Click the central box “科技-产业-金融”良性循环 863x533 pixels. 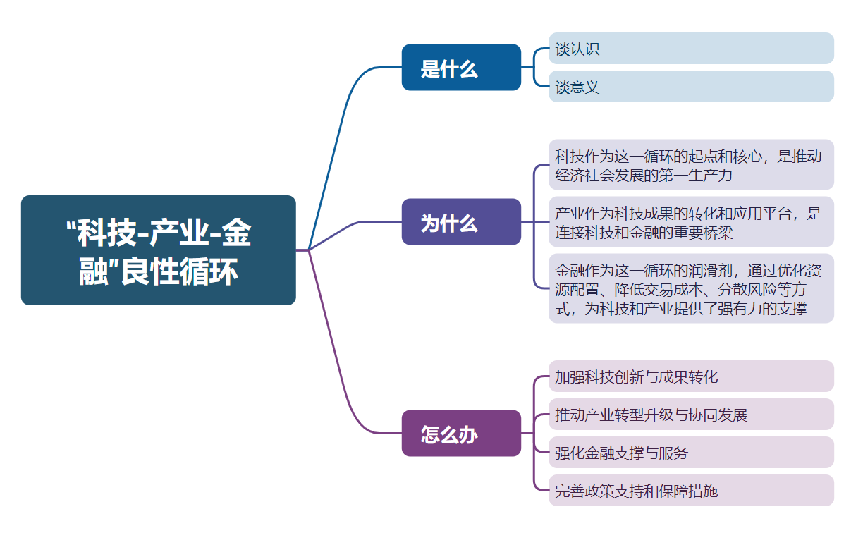click(x=158, y=250)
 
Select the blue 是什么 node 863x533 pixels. click(x=461, y=68)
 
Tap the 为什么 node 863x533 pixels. click(x=461, y=222)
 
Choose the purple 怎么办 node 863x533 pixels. click(x=461, y=433)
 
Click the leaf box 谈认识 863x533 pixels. click(x=691, y=49)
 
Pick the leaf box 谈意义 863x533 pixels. click(x=691, y=87)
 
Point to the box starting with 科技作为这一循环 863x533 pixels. click(x=691, y=165)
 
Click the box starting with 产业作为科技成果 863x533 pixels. click(x=691, y=222)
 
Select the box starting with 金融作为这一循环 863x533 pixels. click(x=691, y=288)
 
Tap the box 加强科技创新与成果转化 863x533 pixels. click(x=691, y=376)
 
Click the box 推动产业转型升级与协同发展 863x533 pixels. click(x=691, y=415)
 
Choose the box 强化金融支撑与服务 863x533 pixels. click(x=691, y=453)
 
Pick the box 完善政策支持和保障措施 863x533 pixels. click(x=691, y=491)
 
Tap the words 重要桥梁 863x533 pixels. click(x=704, y=232)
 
